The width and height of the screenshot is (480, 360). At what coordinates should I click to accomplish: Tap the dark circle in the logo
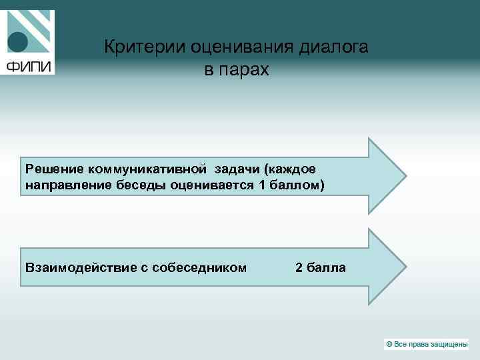tap(17, 43)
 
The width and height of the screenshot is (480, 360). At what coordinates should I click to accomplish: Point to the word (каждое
tap(291, 169)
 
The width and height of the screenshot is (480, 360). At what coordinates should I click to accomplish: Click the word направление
tap(62, 184)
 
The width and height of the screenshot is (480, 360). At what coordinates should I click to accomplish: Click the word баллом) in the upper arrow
tap(296, 184)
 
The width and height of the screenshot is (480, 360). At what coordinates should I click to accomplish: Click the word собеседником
tap(199, 267)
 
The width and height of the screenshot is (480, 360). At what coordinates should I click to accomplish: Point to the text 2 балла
tap(320, 267)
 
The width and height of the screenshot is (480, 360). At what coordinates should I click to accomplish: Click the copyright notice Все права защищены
tap(427, 344)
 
